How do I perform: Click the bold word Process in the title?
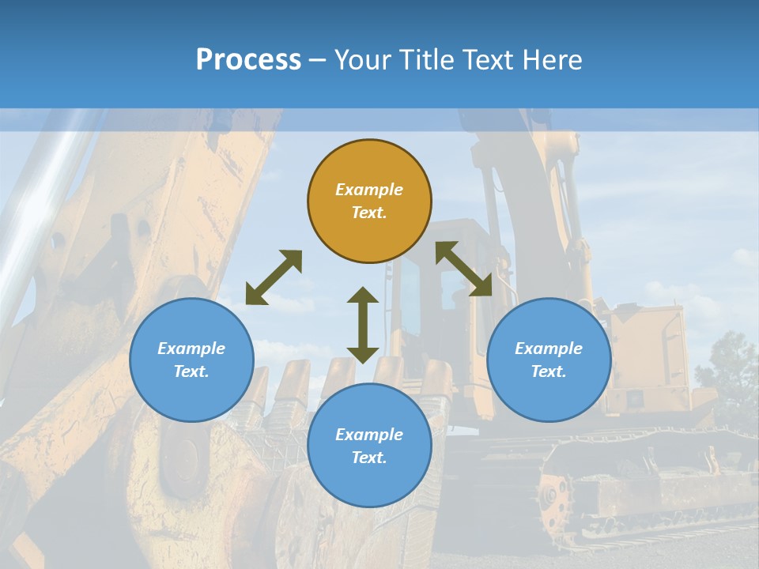pyautogui.click(x=248, y=60)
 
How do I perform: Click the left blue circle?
pyautogui.click(x=191, y=360)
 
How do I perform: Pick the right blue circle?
pyautogui.click(x=549, y=360)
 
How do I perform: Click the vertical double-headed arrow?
pyautogui.click(x=363, y=325)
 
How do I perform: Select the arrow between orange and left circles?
pyautogui.click(x=274, y=277)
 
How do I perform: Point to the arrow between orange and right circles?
pyautogui.click(x=464, y=269)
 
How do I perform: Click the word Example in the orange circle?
pyautogui.click(x=369, y=190)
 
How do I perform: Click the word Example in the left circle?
pyautogui.click(x=191, y=349)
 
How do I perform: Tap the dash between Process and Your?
pyautogui.click(x=318, y=60)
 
